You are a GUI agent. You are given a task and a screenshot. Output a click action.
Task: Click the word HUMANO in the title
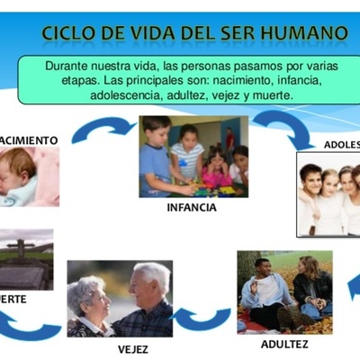click(305, 33)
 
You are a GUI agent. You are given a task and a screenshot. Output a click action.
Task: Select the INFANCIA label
click(191, 208)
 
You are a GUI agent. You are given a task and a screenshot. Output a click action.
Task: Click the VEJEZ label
click(133, 348)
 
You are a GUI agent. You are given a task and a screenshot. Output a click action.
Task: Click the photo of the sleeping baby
click(29, 176)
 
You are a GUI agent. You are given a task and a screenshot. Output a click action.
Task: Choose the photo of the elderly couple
click(119, 299)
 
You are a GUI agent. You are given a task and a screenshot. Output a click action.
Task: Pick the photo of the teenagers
click(329, 193)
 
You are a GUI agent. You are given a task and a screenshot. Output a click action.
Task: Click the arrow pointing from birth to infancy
click(102, 131)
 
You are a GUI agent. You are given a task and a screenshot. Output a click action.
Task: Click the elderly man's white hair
click(151, 272)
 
